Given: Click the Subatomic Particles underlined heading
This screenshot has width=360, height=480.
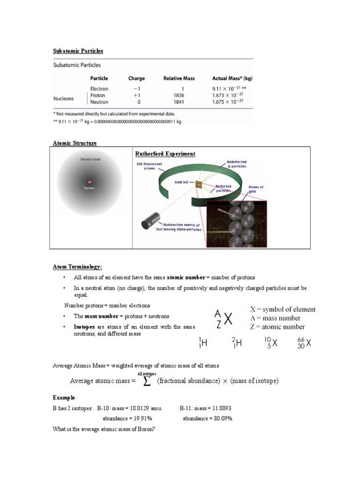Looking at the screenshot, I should coord(77,51).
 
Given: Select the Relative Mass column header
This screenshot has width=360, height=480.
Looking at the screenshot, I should coord(179,78).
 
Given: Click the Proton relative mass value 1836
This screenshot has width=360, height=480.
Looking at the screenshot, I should coord(179,95).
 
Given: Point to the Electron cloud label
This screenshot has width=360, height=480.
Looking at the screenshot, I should coord(90,159).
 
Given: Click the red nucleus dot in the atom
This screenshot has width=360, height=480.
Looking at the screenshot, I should coord(89,182).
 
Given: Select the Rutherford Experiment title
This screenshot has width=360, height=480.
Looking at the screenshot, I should coord(165,154).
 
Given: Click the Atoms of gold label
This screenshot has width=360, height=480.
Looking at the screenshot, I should coord(256,189).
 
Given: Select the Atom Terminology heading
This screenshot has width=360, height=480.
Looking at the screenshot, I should coord(77,267).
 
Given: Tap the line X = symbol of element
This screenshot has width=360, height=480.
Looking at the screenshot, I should coord(283,309).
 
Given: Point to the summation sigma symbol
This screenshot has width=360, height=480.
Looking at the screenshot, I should coord(147,382).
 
